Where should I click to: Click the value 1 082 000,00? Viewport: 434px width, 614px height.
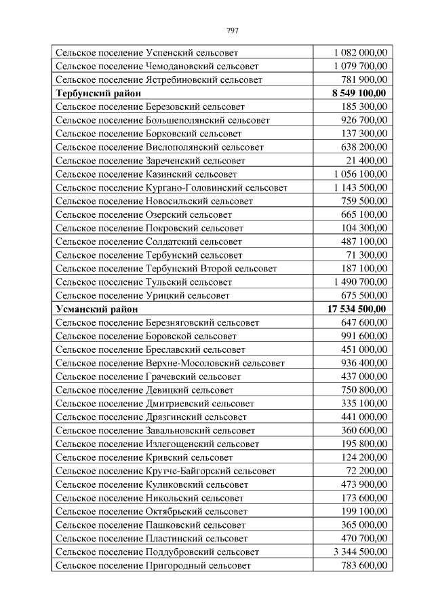[x=361, y=52]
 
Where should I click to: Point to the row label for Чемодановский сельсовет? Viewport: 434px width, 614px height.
[x=157, y=66]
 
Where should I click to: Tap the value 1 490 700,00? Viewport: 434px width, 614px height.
[x=361, y=282]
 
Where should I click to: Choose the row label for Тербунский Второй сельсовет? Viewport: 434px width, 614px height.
[x=166, y=268]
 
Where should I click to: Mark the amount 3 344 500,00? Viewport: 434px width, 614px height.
[x=361, y=552]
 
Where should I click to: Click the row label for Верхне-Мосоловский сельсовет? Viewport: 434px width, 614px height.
[x=170, y=363]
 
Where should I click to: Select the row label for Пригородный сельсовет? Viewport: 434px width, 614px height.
[x=153, y=565]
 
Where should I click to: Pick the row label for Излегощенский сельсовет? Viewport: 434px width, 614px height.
[x=157, y=444]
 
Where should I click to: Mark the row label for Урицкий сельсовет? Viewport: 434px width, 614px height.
[x=142, y=295]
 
